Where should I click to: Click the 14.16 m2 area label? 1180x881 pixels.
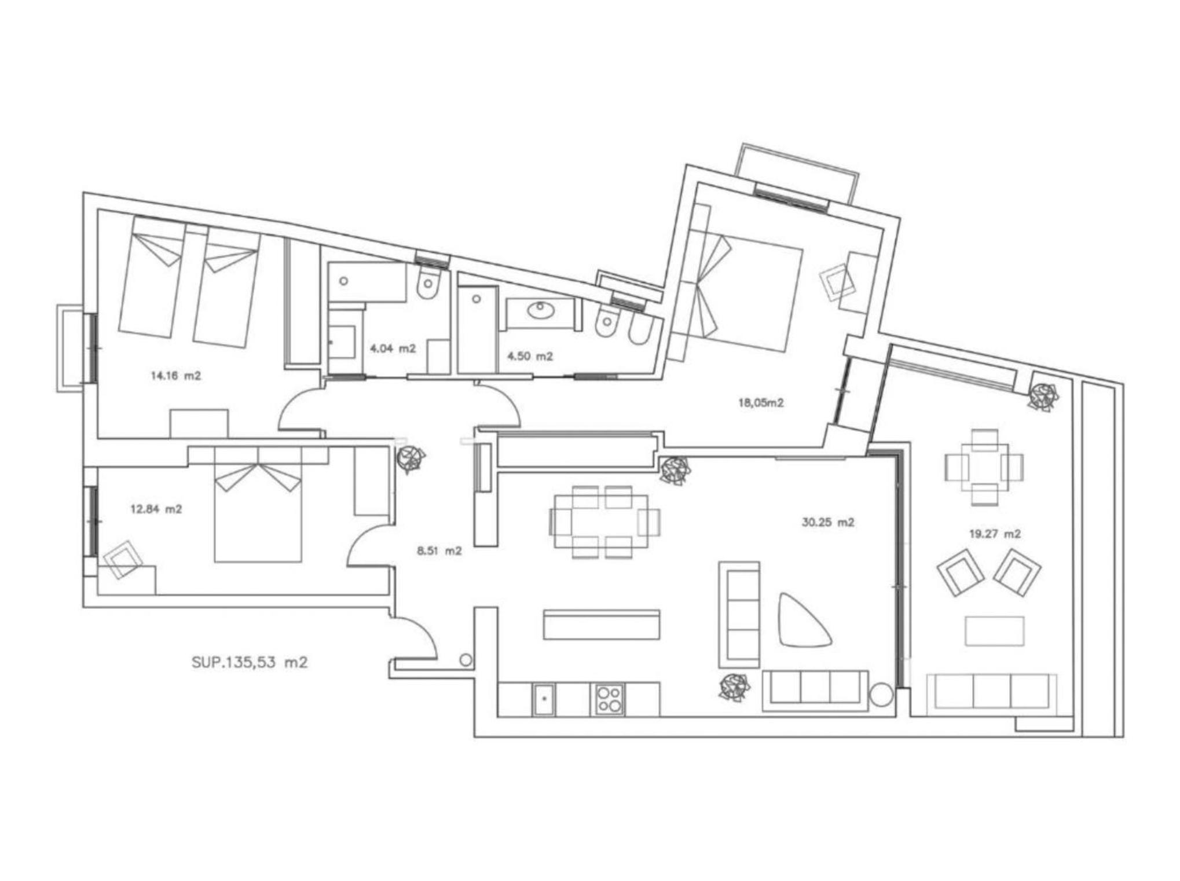coord(176,376)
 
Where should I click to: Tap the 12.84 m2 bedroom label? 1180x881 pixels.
coord(156,509)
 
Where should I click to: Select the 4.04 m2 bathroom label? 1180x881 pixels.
coord(393,348)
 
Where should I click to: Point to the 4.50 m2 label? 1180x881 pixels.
coord(530,356)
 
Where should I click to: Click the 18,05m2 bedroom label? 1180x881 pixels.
coord(761,403)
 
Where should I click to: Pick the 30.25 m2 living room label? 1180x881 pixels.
coord(828,522)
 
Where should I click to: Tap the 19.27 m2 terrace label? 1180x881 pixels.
coord(995,534)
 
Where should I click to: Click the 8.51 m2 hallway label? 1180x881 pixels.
coord(439,550)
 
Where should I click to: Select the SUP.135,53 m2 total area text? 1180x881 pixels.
coord(250,662)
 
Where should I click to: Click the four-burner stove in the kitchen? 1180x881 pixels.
coord(607,699)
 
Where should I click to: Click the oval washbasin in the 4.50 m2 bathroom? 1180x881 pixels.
coord(540,311)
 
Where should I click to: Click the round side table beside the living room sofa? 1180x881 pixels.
coord(881,694)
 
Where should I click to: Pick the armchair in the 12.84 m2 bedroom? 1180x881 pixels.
coord(123,560)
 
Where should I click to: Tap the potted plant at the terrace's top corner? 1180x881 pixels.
coord(1043,397)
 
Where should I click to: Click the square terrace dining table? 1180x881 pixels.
coord(984,467)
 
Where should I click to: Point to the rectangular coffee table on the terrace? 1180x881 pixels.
coord(994,631)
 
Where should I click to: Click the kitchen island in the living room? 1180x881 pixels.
coord(602,625)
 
